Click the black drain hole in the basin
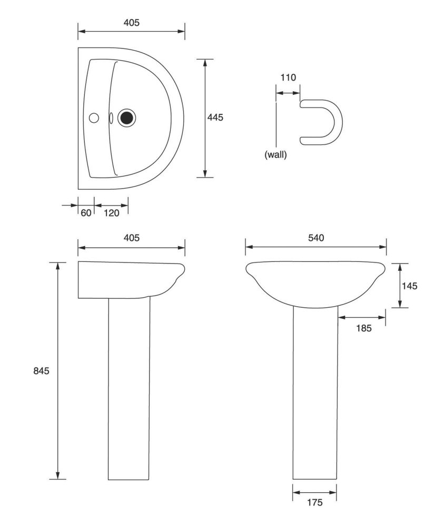coord(126,118)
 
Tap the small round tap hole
coord(94,118)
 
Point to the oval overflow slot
coord(111,118)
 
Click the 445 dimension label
coord(215,118)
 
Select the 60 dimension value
coord(86,213)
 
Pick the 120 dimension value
coord(112,213)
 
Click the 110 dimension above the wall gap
coord(288,77)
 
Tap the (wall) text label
coord(276,155)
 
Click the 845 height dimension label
coord(41,370)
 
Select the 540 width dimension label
coord(316,238)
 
